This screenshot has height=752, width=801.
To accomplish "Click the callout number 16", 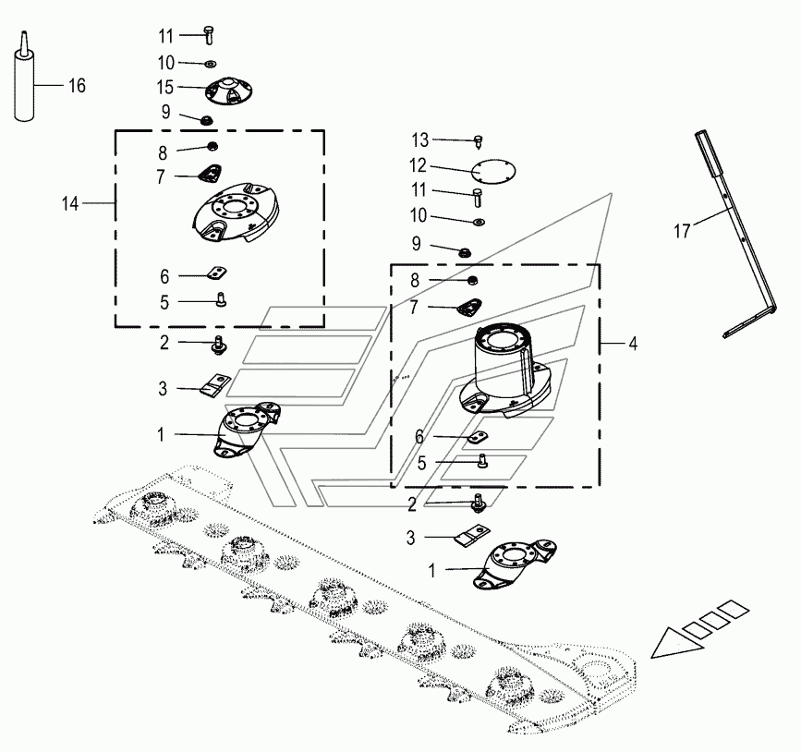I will (77, 86).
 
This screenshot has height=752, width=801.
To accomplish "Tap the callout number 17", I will (682, 231).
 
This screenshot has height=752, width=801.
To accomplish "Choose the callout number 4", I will (632, 344).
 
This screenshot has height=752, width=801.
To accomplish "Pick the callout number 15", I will (165, 89).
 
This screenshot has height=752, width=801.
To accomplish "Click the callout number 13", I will (420, 139).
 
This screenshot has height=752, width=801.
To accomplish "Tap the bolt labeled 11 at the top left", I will (209, 36).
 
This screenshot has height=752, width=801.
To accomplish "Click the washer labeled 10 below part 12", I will (479, 222).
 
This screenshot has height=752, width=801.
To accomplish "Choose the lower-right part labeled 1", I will (513, 563).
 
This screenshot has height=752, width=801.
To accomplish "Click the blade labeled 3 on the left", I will (216, 384).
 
